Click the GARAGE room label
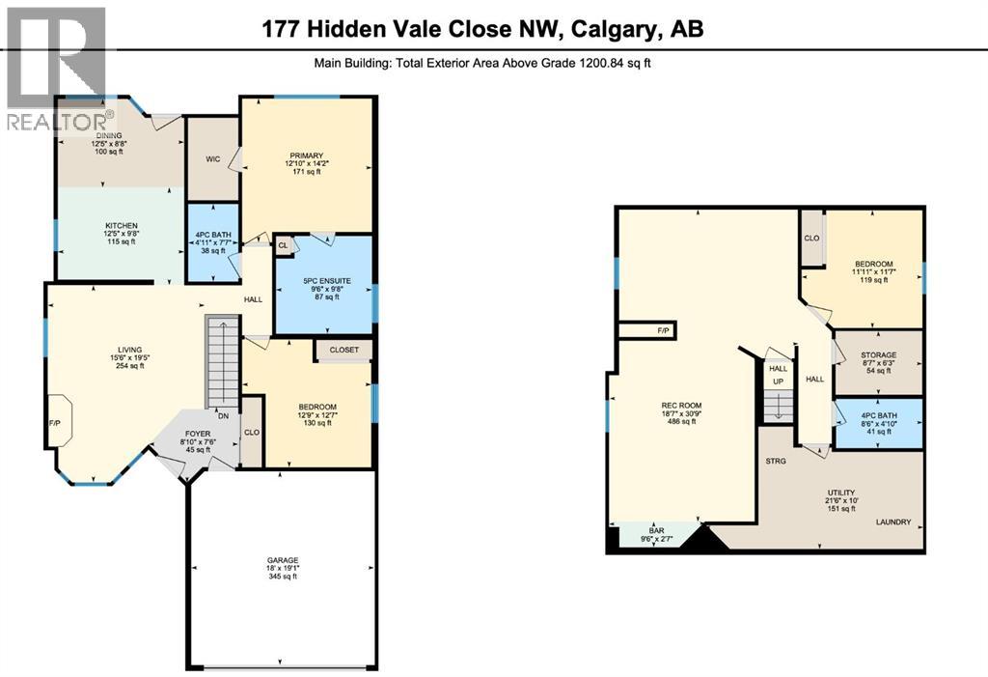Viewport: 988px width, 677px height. (283, 560)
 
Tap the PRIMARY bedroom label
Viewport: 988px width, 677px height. (305, 155)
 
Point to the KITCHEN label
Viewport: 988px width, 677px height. (121, 225)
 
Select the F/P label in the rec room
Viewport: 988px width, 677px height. (663, 331)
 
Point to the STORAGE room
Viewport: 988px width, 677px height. (879, 355)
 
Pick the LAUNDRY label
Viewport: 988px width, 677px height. (892, 522)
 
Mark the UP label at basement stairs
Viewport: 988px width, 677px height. (778, 382)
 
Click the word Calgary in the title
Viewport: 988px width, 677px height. (606, 30)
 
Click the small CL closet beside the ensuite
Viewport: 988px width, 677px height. (284, 246)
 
